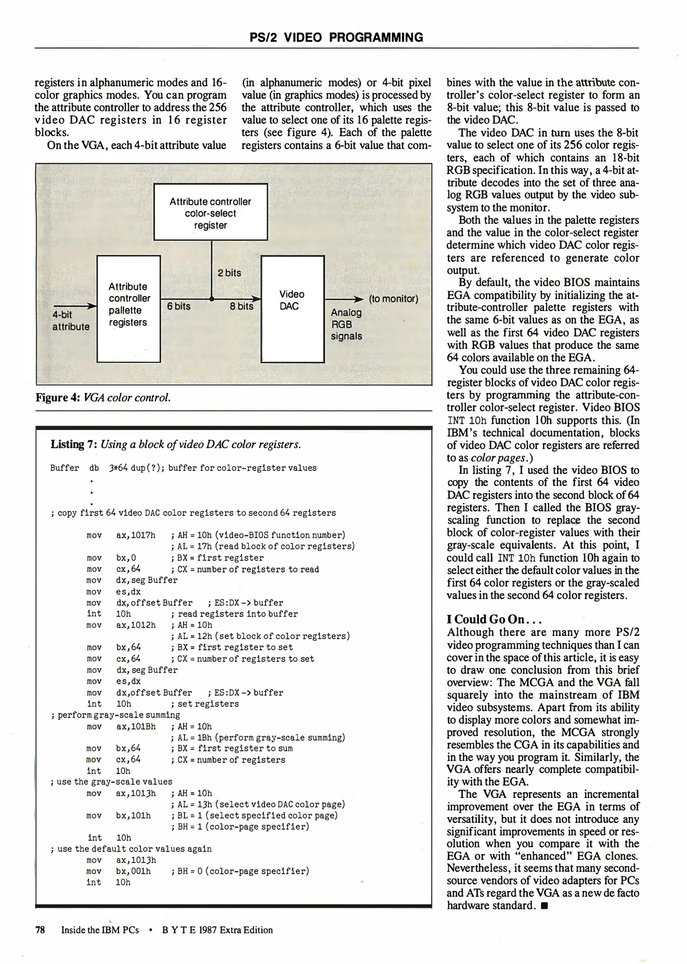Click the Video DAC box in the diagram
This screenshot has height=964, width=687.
tap(292, 309)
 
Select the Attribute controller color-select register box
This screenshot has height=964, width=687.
tap(211, 212)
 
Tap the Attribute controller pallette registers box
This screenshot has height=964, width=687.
tap(128, 309)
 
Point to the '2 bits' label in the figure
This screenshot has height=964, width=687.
tap(229, 273)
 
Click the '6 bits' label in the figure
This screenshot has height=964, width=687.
tap(178, 306)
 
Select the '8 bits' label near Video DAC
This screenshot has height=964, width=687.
tap(241, 306)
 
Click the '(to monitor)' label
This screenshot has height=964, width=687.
tap(393, 299)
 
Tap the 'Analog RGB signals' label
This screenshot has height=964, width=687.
tap(346, 324)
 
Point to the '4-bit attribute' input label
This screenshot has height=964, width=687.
tap(70, 321)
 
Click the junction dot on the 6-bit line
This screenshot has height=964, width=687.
tap(211, 299)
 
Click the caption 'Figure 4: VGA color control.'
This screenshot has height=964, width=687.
tap(103, 398)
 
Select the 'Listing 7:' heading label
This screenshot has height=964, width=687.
tap(74, 445)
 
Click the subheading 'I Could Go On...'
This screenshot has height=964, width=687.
tap(494, 619)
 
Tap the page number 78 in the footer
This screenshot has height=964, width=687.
tap(40, 930)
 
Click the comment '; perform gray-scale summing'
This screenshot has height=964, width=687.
tap(116, 715)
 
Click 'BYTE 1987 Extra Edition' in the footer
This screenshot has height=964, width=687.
tap(217, 930)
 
